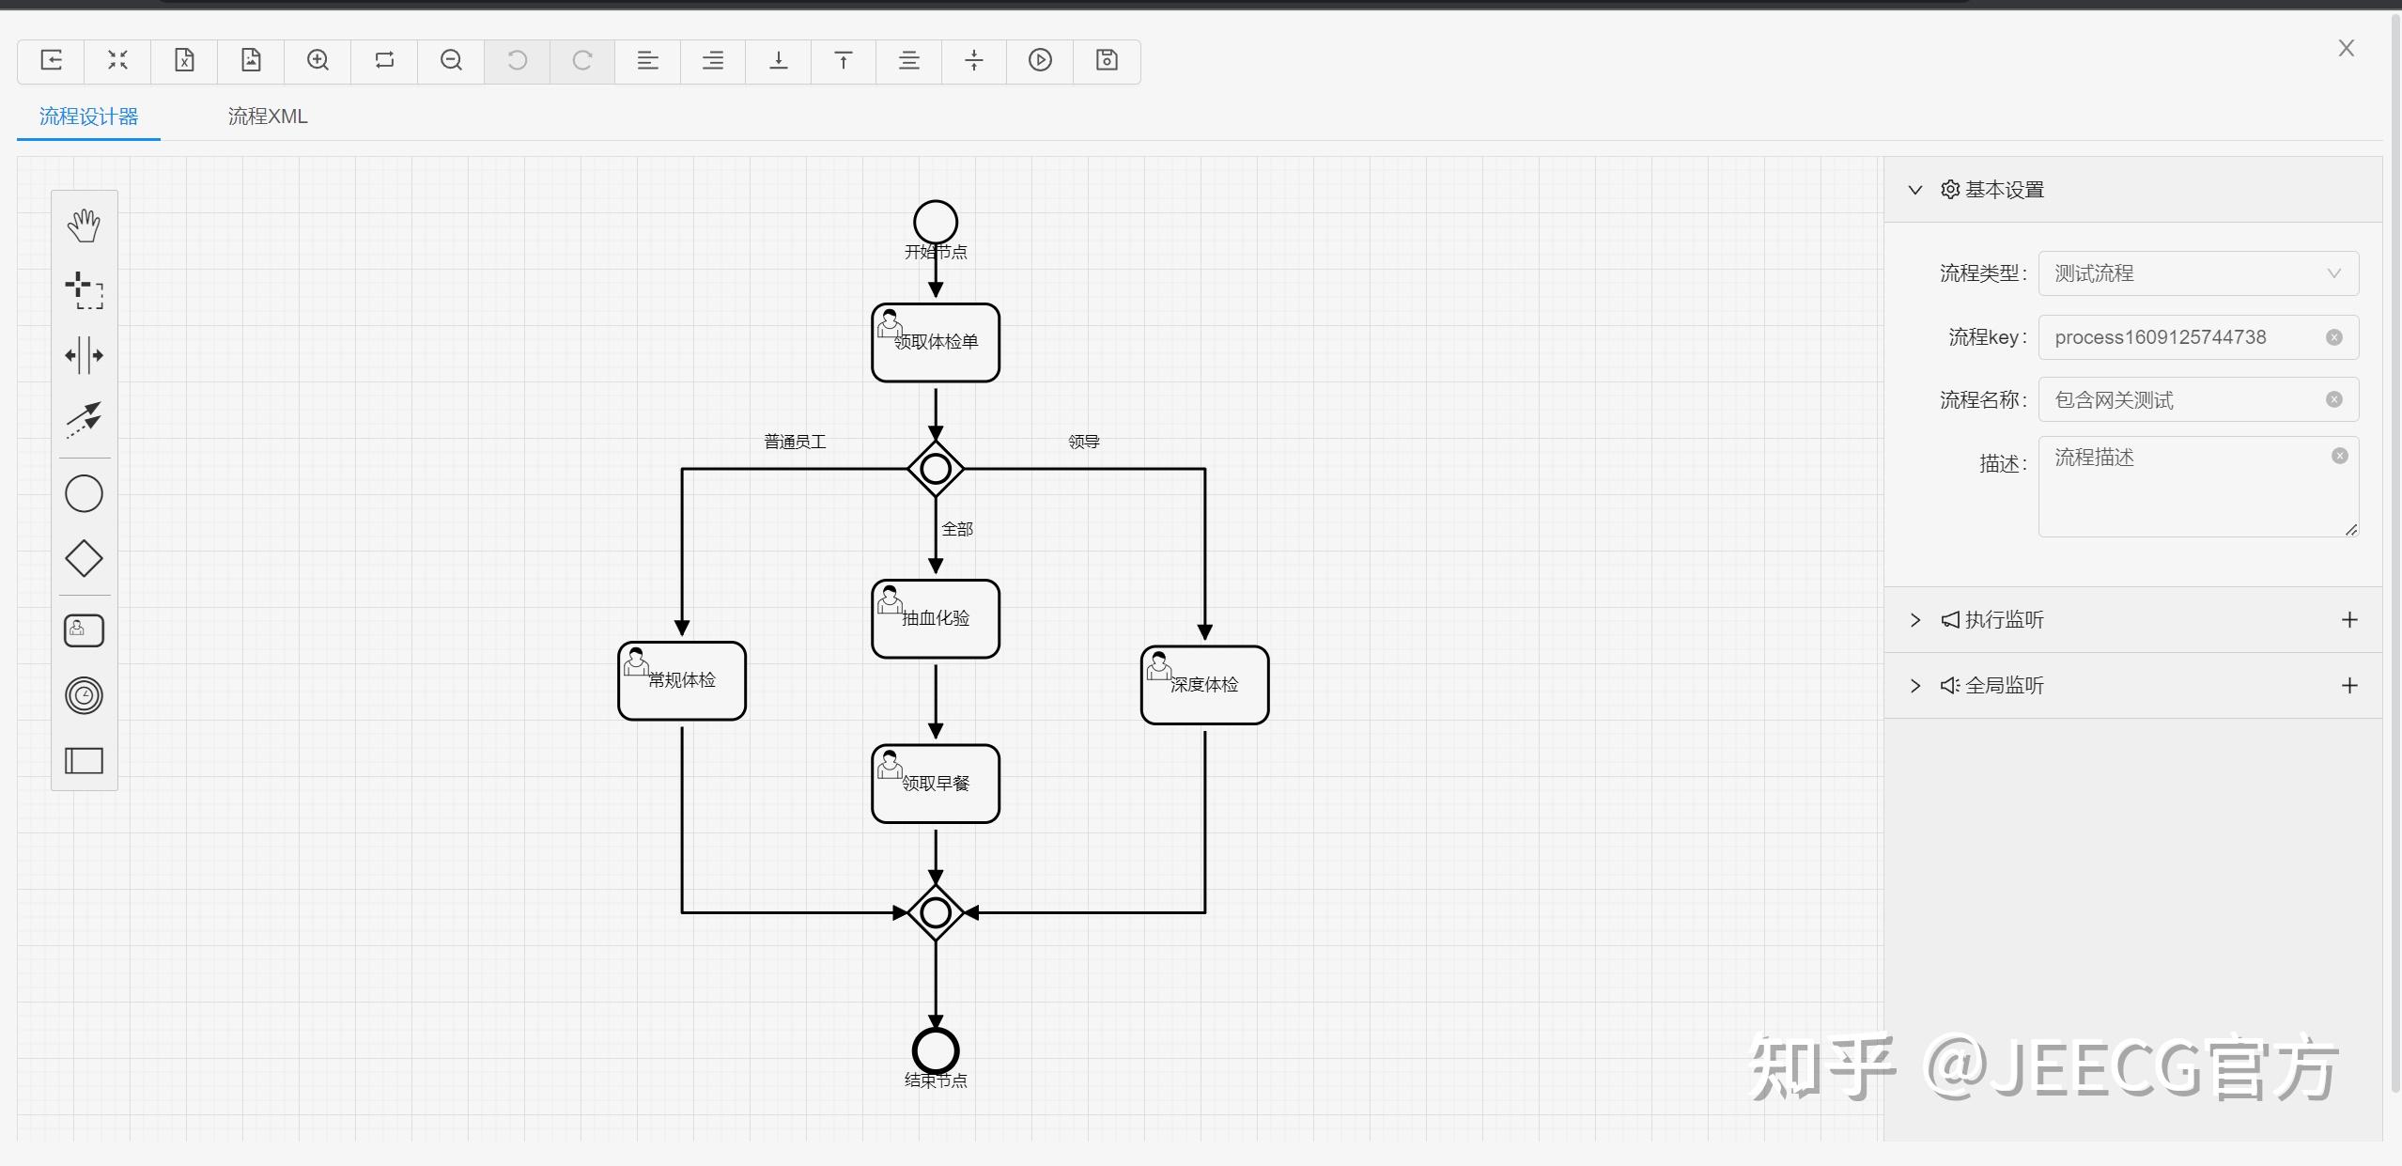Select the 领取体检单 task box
(935, 343)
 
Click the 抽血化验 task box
(935, 619)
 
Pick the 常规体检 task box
(682, 681)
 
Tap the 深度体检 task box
(1204, 685)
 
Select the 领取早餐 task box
(935, 785)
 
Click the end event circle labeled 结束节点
(935, 1049)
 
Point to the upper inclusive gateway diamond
(935, 468)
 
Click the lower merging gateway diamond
(935, 912)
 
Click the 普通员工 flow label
(795, 442)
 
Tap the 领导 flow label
(1083, 442)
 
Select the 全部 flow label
(957, 529)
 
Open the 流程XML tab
(268, 117)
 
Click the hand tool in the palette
(84, 225)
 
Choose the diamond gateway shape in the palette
(84, 558)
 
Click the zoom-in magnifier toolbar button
(318, 61)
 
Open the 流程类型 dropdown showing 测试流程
(2197, 273)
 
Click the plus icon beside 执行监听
(2348, 620)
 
